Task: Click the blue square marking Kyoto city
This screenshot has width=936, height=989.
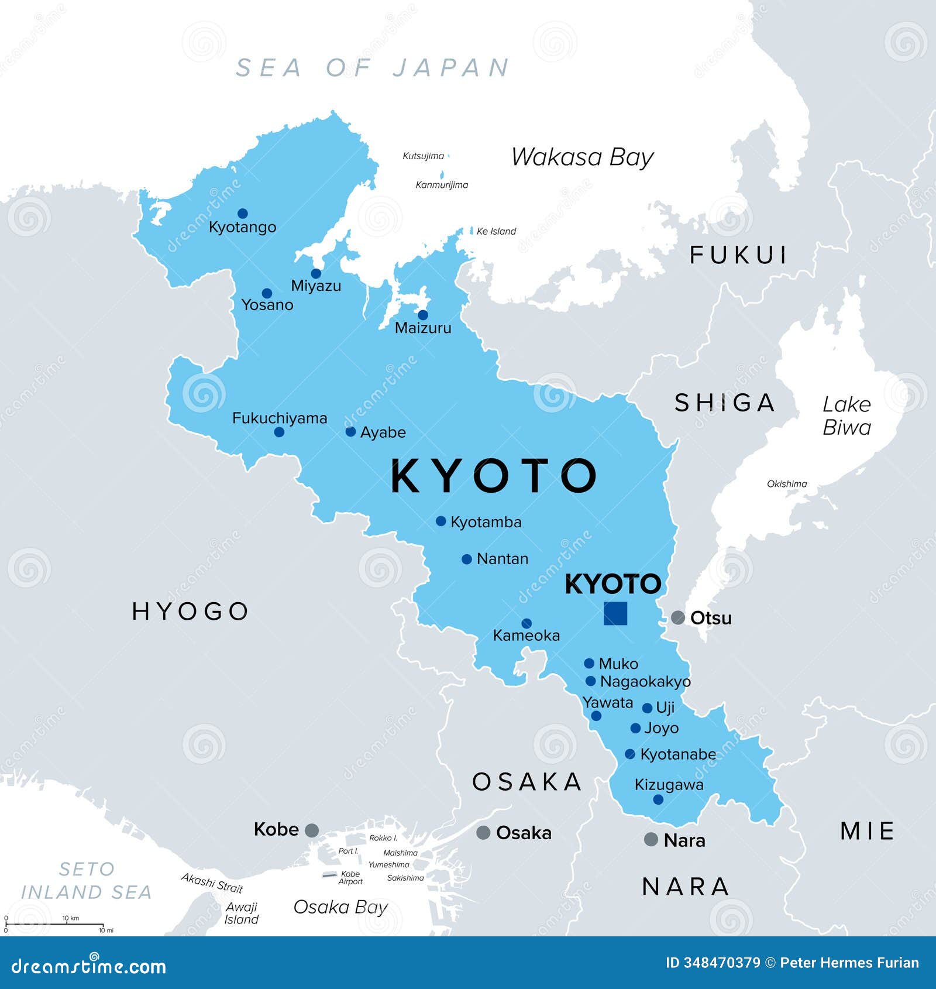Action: pyautogui.click(x=615, y=613)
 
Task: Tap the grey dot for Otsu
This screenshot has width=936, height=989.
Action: pyautogui.click(x=677, y=617)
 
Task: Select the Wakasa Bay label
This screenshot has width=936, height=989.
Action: pyautogui.click(x=582, y=157)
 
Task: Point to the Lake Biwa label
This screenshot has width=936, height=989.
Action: pyautogui.click(x=846, y=415)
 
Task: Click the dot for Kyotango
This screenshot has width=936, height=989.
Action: pyautogui.click(x=242, y=214)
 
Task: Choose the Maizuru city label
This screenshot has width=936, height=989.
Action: pyautogui.click(x=423, y=328)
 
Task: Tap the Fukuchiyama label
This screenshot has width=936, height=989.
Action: pyautogui.click(x=280, y=418)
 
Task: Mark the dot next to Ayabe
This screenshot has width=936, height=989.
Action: pyautogui.click(x=350, y=432)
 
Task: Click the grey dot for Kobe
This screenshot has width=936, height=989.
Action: pyautogui.click(x=312, y=830)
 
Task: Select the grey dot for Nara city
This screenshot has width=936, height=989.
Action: pyautogui.click(x=651, y=839)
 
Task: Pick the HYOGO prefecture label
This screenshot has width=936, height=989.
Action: pyautogui.click(x=191, y=611)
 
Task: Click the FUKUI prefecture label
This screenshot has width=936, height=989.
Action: pyautogui.click(x=739, y=255)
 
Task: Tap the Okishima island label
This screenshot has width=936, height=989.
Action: pyautogui.click(x=787, y=484)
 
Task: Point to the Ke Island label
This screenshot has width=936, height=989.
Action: pyautogui.click(x=496, y=231)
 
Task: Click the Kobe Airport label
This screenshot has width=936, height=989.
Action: pyautogui.click(x=350, y=878)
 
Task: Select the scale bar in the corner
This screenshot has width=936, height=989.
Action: pyautogui.click(x=56, y=924)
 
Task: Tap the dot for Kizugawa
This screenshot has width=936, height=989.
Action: pyautogui.click(x=658, y=799)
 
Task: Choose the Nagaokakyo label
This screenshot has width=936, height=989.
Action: pyautogui.click(x=645, y=682)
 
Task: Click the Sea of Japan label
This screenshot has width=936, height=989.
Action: pyautogui.click(x=373, y=68)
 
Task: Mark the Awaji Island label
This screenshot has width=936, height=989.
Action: pyautogui.click(x=242, y=913)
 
